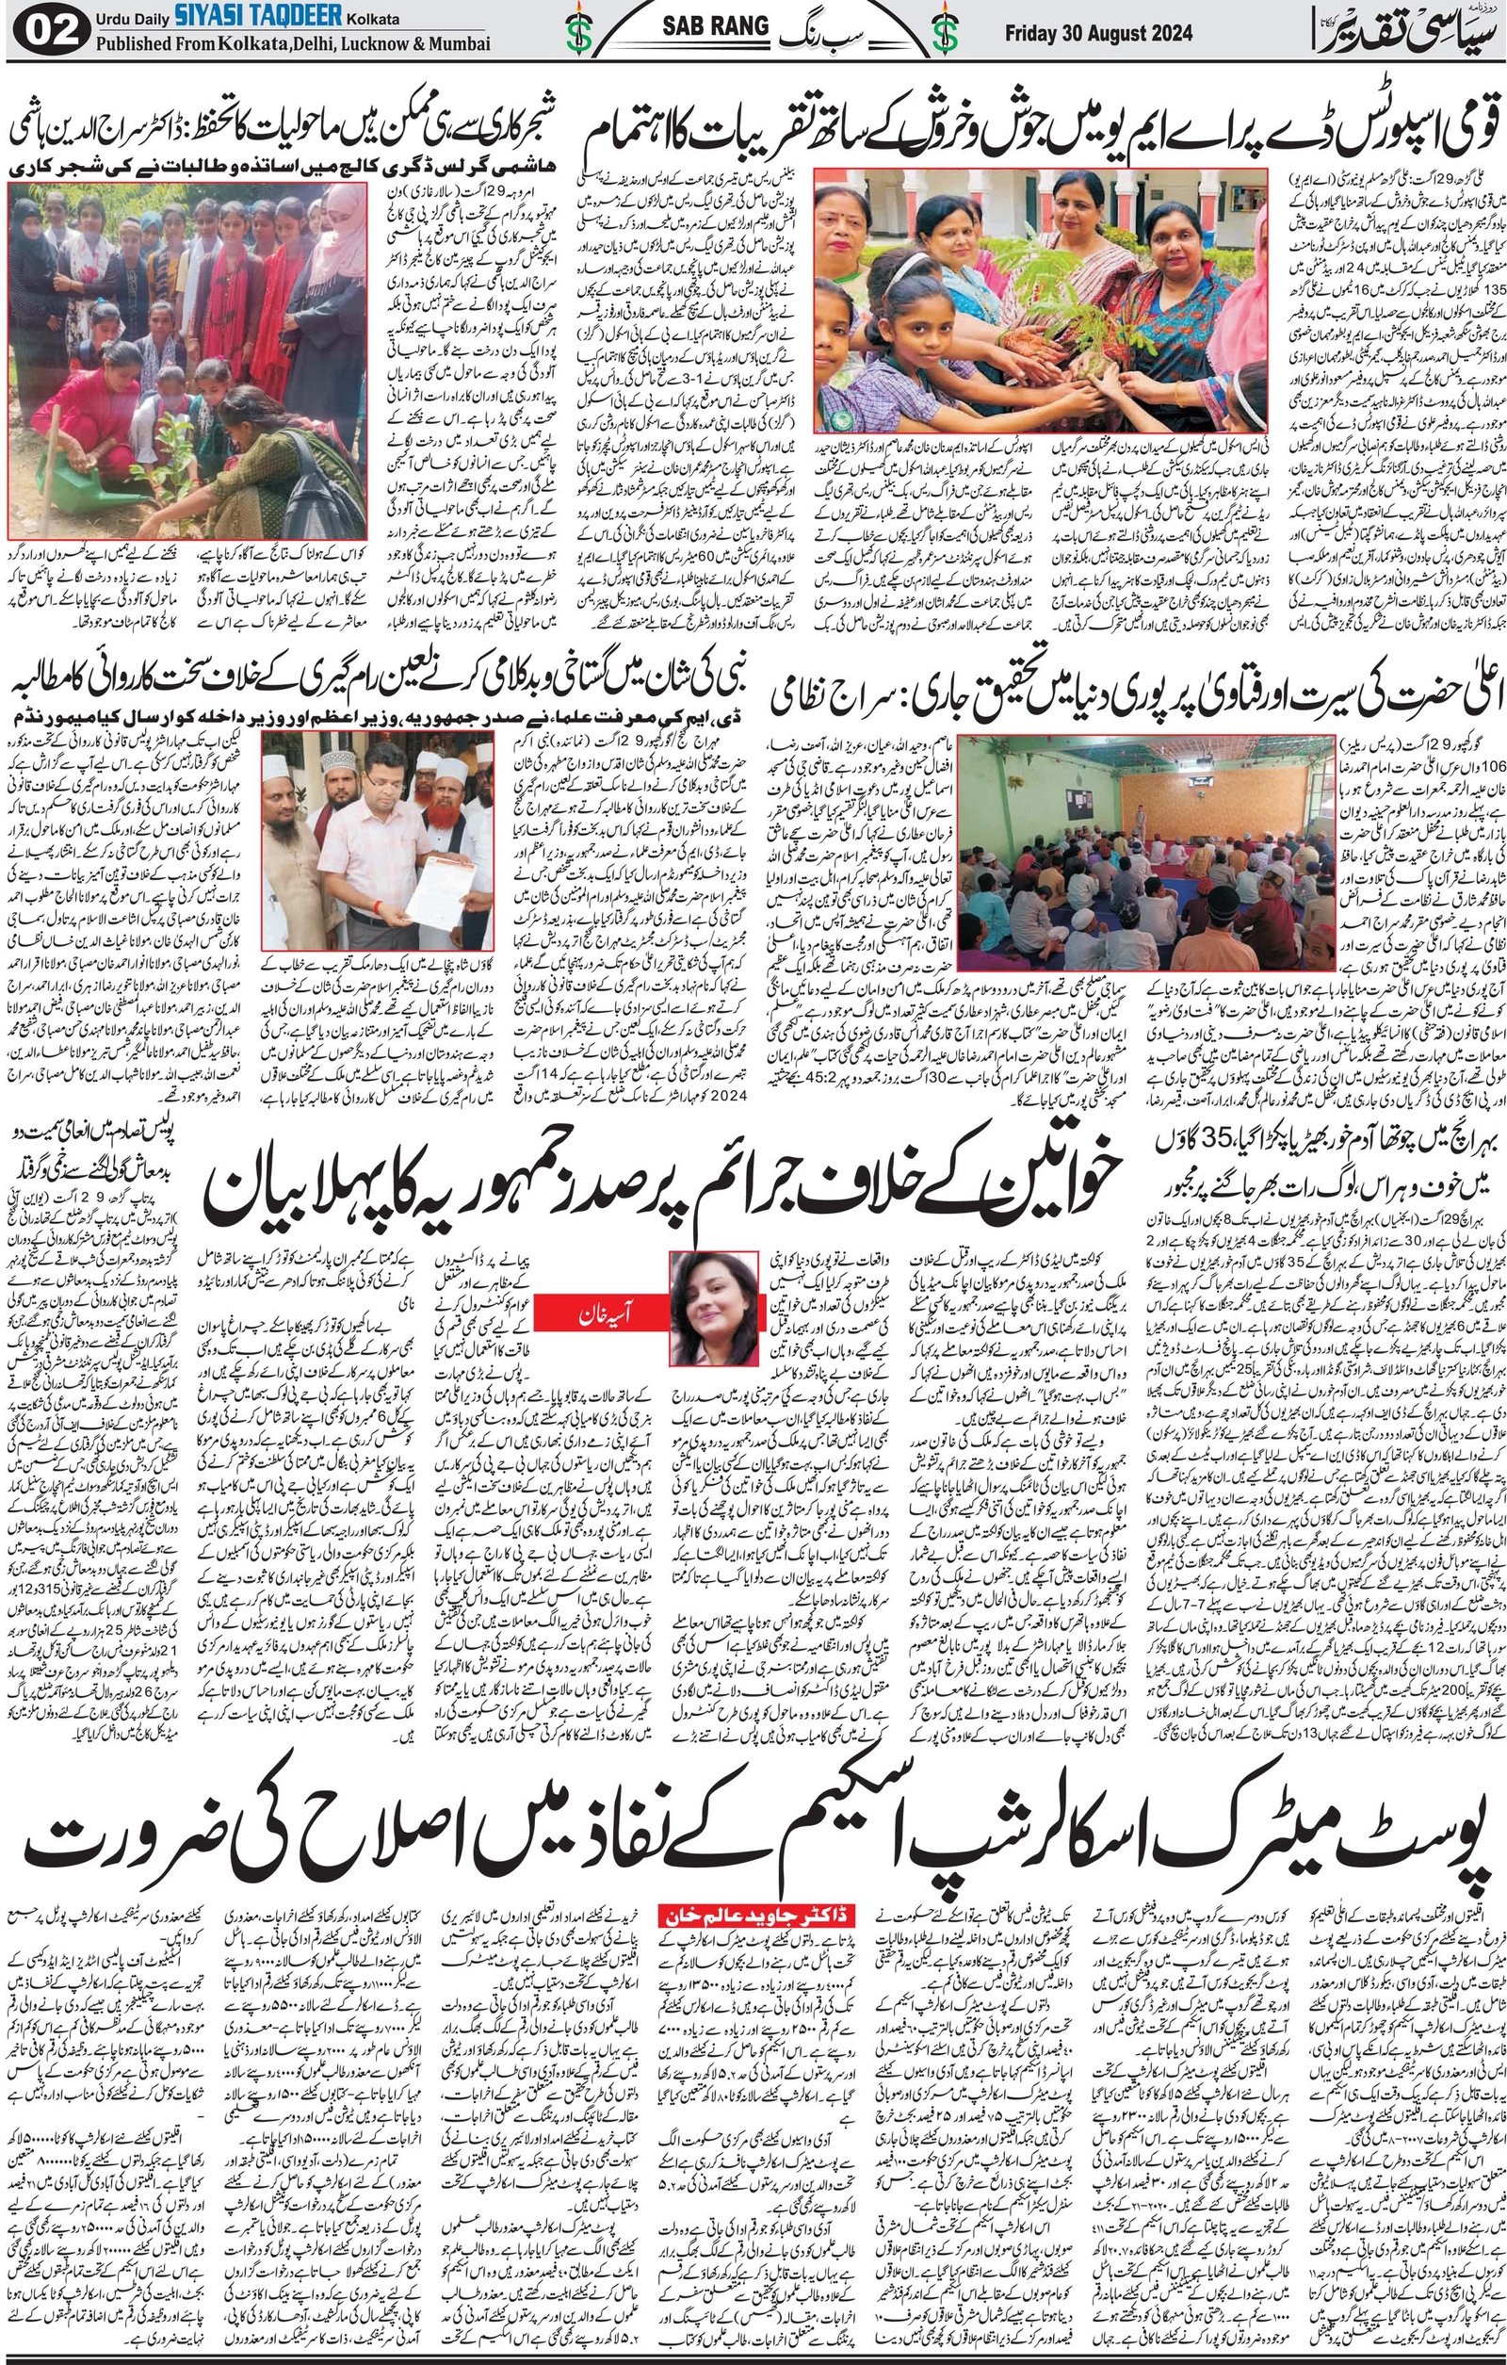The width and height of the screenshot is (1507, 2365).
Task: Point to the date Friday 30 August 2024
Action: [x=1098, y=33]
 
